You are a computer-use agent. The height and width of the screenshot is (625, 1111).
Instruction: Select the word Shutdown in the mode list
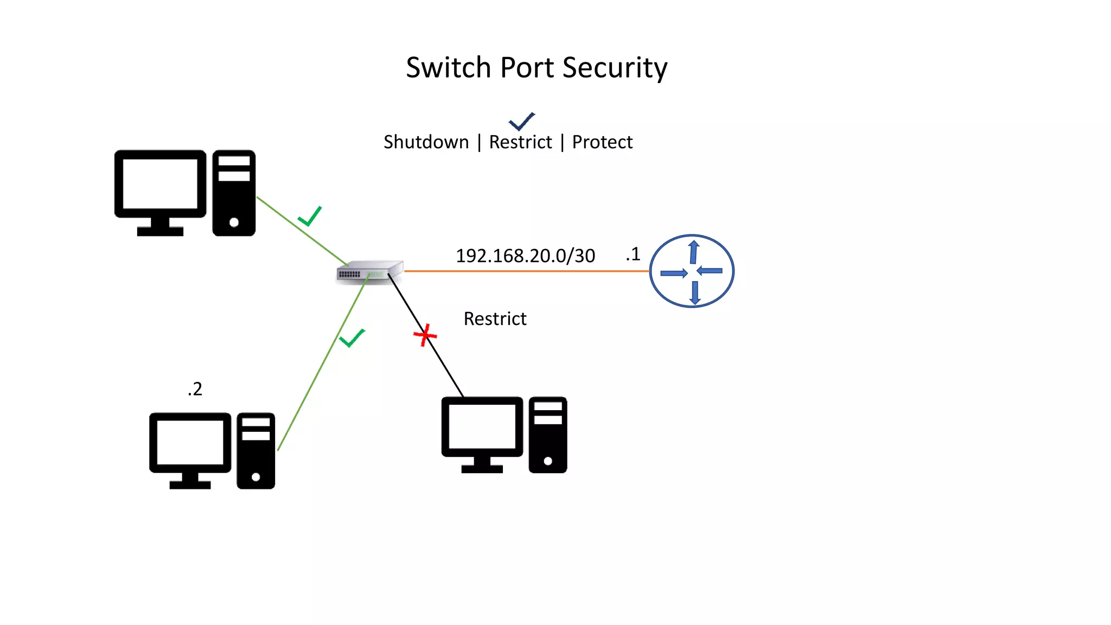tap(426, 142)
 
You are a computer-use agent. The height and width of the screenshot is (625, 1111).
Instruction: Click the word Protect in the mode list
tap(602, 142)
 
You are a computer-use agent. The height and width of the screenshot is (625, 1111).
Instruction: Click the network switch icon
tap(369, 272)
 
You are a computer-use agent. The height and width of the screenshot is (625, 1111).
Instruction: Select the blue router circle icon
tap(692, 271)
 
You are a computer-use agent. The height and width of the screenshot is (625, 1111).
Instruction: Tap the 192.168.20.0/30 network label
tap(525, 256)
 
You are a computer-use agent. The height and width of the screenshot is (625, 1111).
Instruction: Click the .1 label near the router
tap(633, 254)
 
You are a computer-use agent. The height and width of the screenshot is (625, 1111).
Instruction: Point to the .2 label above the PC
tap(195, 389)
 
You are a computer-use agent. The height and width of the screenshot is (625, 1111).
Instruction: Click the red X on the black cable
tap(425, 335)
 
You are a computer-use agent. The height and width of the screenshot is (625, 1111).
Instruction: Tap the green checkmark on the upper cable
tap(310, 216)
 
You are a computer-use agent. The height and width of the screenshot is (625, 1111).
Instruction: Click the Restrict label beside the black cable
tap(495, 319)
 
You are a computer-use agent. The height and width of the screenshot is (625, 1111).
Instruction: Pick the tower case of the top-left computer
tap(234, 193)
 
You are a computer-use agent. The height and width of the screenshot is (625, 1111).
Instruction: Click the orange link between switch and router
tap(526, 271)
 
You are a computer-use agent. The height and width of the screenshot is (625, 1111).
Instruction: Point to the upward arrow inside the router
tap(693, 252)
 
